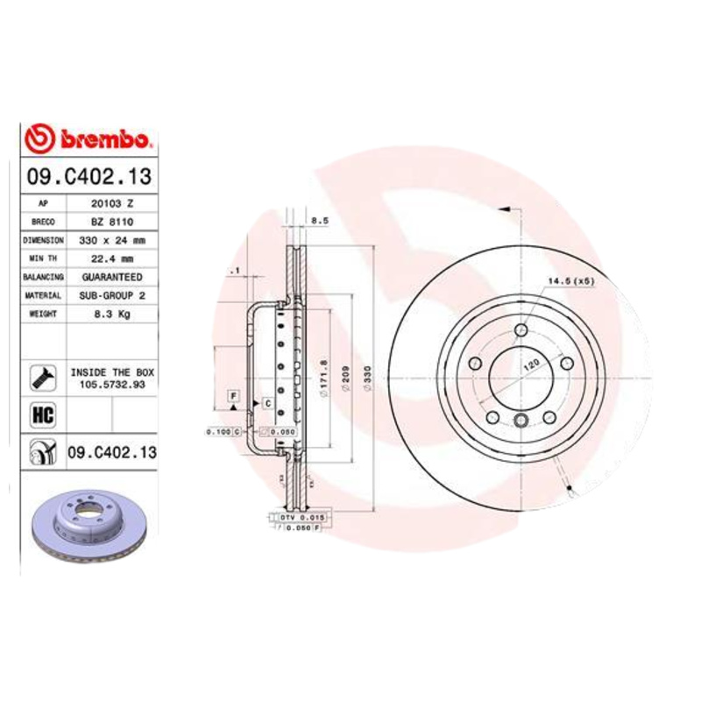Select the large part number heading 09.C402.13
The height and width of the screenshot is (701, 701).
click(89, 176)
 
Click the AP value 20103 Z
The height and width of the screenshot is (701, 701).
click(112, 203)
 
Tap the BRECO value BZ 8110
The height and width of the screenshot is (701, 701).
click(112, 222)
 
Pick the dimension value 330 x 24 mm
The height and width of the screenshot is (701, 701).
click(112, 240)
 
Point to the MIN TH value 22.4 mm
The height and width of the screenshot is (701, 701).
click(112, 258)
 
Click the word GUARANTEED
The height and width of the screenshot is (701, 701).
click(112, 277)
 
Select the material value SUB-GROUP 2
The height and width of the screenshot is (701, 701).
click(112, 296)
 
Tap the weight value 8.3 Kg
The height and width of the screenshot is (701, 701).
click(112, 315)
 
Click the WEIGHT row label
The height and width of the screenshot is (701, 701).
click(43, 315)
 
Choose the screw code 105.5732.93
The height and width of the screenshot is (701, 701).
click(112, 384)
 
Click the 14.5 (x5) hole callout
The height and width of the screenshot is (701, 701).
click(570, 281)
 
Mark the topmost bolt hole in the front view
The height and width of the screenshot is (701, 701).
click(521, 330)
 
